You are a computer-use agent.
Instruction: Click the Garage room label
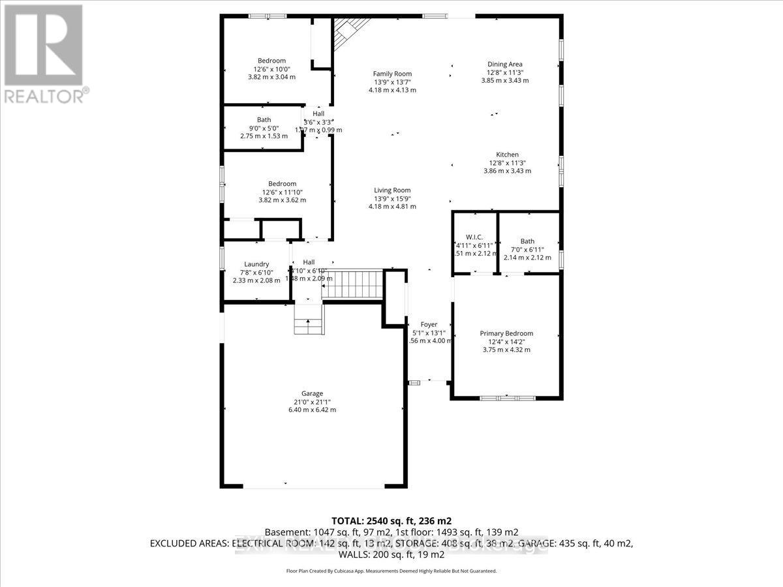313,393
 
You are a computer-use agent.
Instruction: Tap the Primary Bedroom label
506,333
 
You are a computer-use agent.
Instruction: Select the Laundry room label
256,264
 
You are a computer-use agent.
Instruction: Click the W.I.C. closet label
474,237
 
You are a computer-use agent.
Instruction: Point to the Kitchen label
507,155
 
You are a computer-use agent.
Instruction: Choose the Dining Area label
504,64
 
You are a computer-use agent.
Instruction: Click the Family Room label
392,74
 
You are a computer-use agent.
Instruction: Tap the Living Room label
392,190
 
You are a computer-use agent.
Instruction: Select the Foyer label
429,324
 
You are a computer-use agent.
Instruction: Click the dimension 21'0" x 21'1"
313,402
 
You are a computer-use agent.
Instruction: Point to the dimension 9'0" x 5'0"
264,128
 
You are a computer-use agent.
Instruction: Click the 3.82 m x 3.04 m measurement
271,77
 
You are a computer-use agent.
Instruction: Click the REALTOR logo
44,52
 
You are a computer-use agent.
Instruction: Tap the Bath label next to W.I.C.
527,241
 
